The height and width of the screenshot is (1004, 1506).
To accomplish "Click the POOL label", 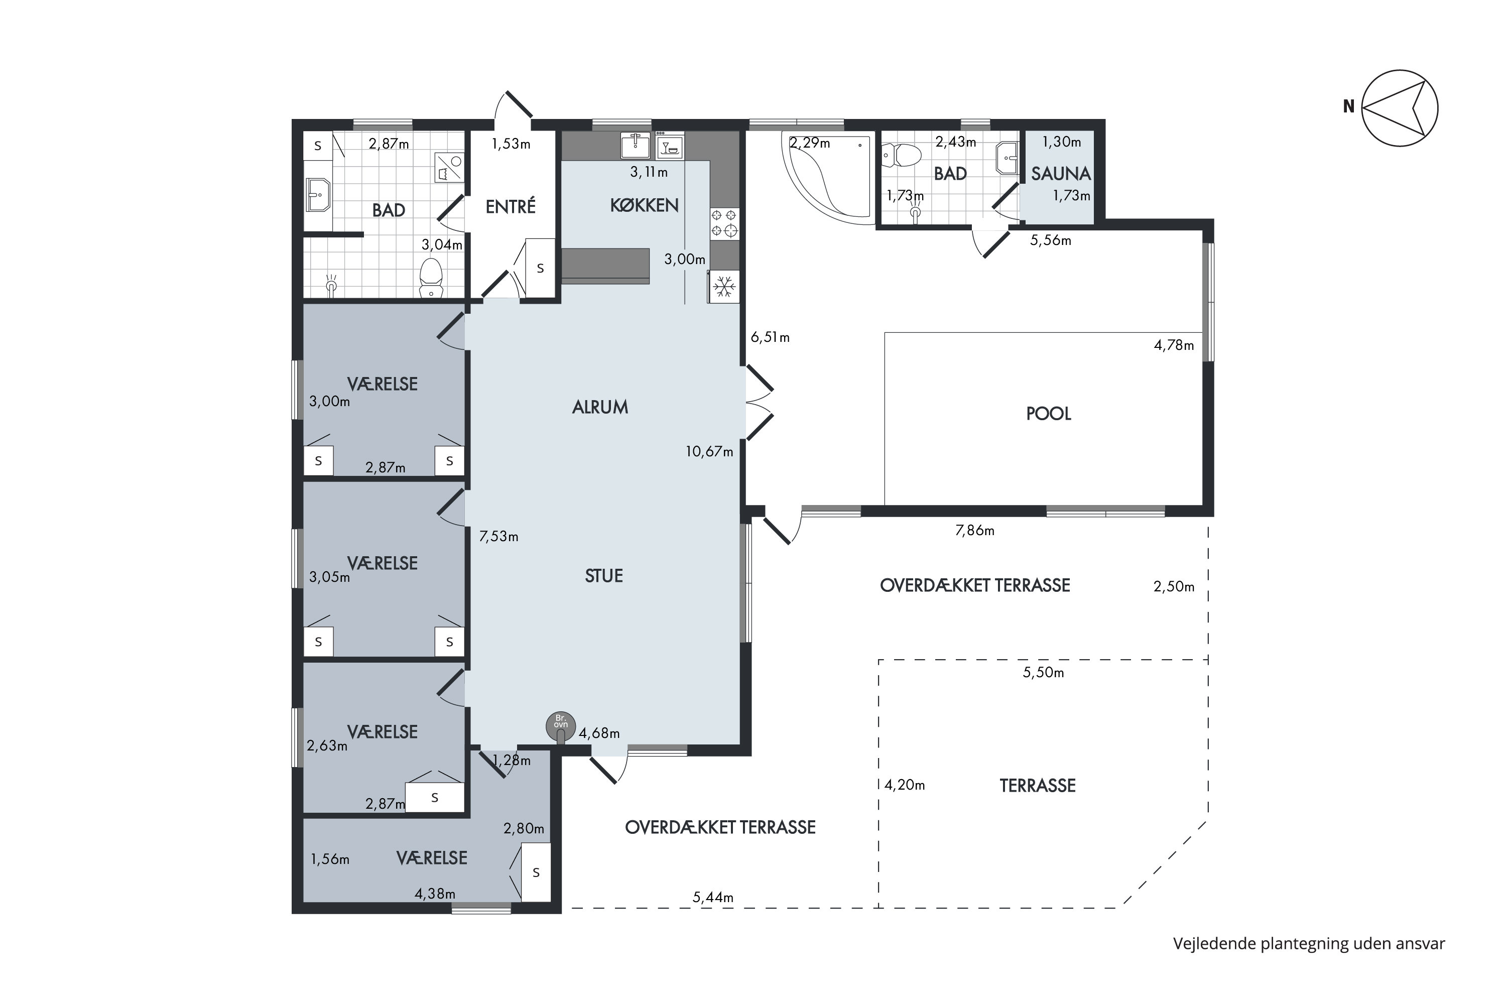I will click(1048, 414).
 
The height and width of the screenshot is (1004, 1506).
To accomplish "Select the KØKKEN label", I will click(644, 205).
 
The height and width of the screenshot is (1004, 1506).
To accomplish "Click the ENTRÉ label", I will click(511, 207).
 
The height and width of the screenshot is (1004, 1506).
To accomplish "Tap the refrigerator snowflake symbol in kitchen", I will click(724, 286).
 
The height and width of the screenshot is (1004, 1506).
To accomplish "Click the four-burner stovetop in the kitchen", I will click(724, 223).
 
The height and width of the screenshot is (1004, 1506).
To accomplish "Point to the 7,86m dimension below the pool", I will click(974, 531).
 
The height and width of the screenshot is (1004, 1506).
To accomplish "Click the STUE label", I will click(604, 576).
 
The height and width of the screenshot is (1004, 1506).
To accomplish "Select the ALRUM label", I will click(600, 407).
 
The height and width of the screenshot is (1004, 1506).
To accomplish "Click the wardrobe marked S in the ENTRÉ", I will click(540, 268).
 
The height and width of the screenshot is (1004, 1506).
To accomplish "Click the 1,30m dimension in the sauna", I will click(1062, 142).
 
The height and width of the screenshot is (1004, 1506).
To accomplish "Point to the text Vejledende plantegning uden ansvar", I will click(1309, 944).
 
